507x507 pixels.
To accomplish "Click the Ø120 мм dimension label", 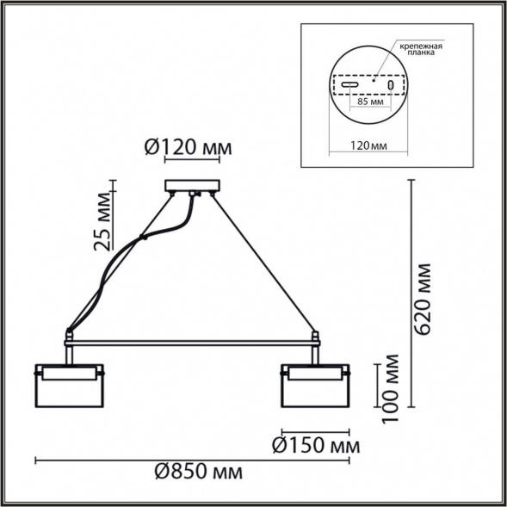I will (187, 149).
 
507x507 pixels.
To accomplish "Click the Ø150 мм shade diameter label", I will (314, 446).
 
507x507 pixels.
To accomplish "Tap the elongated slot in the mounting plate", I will (348, 86).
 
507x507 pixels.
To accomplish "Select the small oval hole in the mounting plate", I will (389, 86).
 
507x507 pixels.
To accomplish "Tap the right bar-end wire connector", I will (315, 334).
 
